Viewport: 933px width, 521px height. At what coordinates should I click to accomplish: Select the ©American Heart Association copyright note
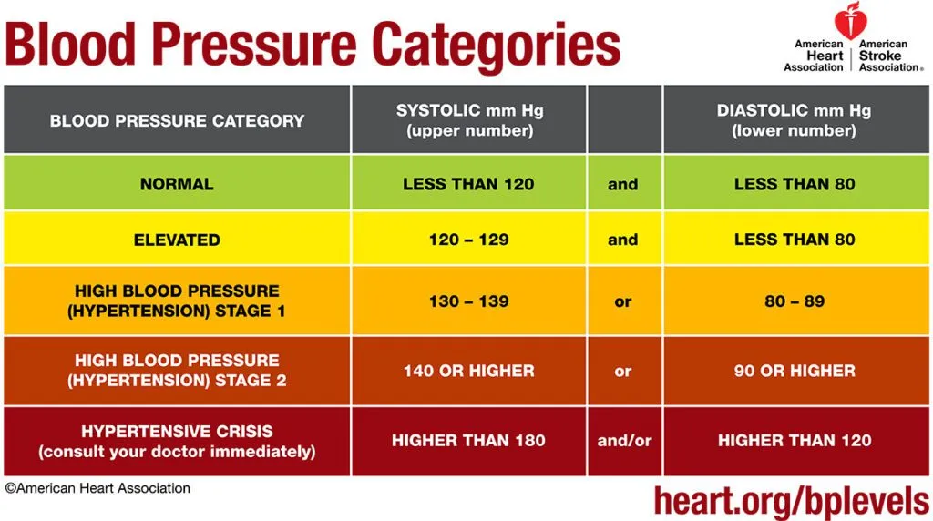97,488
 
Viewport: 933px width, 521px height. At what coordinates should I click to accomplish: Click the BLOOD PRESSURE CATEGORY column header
177,120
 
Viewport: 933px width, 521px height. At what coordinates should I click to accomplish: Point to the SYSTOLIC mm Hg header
468,120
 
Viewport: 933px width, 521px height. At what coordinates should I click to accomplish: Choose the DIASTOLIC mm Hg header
794,120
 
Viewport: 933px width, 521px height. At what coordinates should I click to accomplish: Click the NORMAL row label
177,184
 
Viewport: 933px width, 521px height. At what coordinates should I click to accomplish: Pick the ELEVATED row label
177,240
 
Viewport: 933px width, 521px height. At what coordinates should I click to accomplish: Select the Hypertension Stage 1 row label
177,301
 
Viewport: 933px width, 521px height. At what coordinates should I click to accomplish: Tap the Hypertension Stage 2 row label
177,370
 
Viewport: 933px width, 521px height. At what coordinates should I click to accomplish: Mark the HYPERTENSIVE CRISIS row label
177,441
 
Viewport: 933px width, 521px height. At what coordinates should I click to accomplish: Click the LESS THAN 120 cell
468,184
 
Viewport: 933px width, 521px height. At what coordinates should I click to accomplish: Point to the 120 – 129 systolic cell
468,240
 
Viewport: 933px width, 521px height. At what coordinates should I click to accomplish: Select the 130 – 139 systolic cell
468,301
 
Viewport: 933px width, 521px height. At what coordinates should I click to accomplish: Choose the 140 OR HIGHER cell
468,371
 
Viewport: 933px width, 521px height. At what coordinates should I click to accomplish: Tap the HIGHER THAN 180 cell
468,441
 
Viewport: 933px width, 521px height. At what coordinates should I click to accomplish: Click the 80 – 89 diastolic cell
795,301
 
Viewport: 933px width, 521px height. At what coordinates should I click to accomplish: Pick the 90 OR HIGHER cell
795,371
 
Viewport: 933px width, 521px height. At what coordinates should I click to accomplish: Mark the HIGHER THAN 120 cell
795,441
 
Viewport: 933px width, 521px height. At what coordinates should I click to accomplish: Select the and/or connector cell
624,441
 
